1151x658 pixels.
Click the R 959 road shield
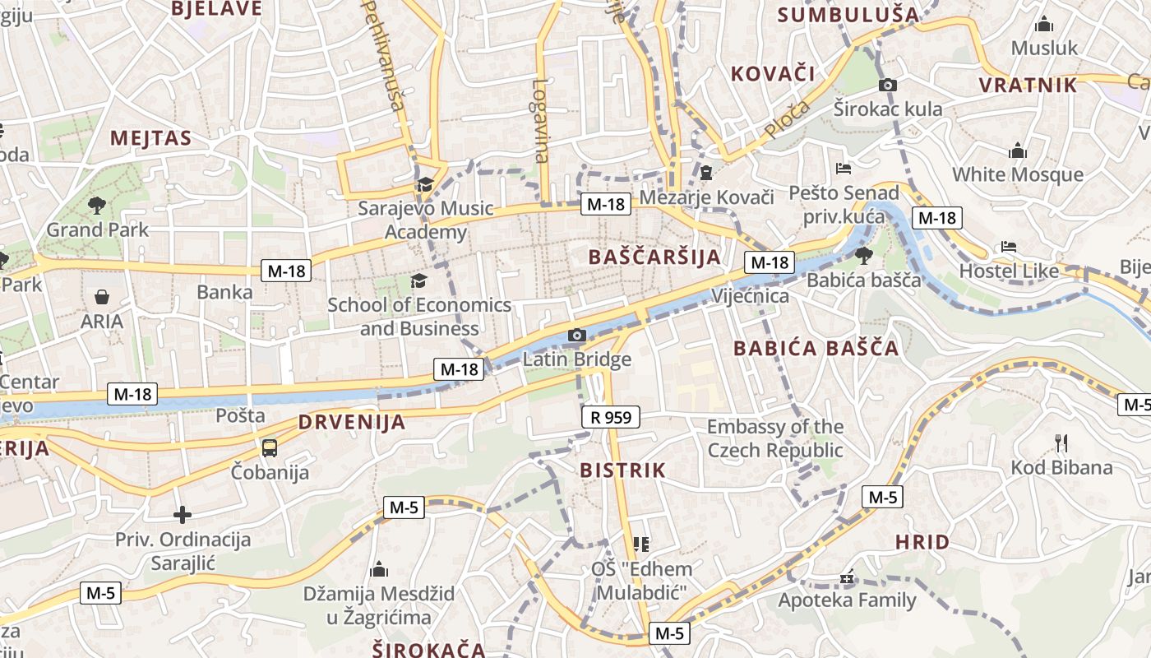pos(611,417)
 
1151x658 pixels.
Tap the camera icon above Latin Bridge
pos(577,336)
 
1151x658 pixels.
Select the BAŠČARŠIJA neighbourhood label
pos(654,257)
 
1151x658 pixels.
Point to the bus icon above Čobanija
pos(270,448)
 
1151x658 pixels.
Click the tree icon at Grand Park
pos(97,206)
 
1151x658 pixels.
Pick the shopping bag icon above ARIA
pos(102,297)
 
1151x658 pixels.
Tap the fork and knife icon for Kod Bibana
pos(1061,444)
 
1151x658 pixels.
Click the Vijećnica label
pos(750,296)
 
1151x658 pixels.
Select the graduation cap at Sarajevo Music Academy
pos(425,184)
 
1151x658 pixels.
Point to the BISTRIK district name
pos(623,470)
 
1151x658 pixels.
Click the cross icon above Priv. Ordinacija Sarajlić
pos(183,515)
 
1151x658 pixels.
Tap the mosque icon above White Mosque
pos(1018,151)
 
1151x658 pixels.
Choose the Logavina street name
pos(540,120)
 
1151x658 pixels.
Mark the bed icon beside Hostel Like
pos(1009,247)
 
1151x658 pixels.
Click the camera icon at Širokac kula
pos(888,85)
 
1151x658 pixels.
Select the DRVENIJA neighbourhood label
pos(352,423)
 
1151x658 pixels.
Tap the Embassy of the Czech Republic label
pos(775,438)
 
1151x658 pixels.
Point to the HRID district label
pos(922,542)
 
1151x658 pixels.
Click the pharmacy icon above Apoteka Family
pos(847,578)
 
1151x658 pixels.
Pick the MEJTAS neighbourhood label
pos(150,137)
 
